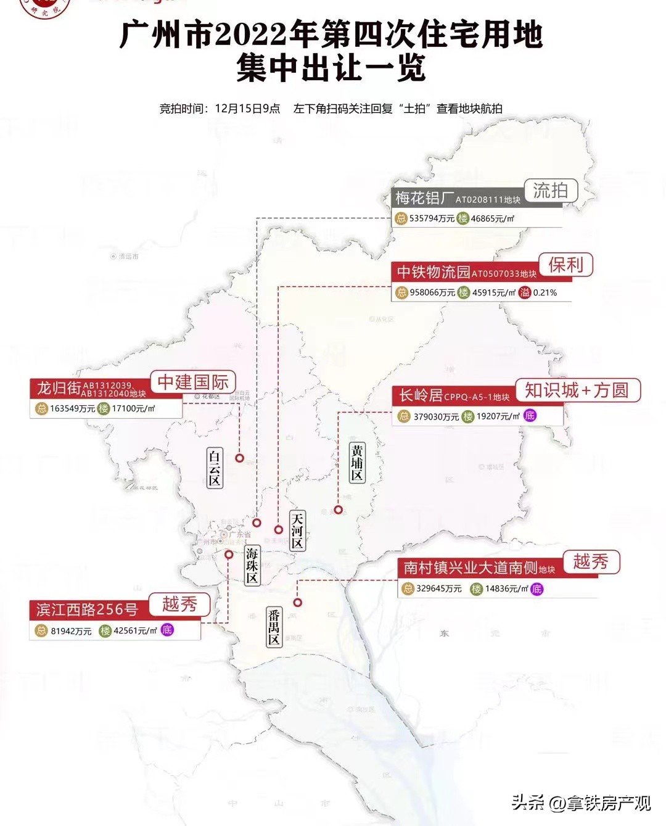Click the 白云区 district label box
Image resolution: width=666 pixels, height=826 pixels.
(x=214, y=468)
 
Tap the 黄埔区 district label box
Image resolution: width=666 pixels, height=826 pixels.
(x=357, y=463)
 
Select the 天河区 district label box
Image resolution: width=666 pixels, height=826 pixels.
(x=297, y=531)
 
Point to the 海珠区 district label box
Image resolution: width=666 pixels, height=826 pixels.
(x=252, y=565)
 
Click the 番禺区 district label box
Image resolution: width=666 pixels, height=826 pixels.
(x=274, y=627)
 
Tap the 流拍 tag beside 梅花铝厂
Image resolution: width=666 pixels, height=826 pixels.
(x=550, y=191)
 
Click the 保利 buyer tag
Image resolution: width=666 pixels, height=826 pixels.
(x=565, y=265)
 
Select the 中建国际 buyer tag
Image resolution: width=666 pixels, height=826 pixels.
(x=193, y=382)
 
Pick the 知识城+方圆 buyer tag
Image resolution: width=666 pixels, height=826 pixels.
(x=577, y=390)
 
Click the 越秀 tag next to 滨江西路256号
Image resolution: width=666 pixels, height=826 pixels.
(x=179, y=604)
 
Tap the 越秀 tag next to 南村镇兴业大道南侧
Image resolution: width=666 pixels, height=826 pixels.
(x=590, y=561)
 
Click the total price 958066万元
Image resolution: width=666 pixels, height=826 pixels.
(x=432, y=292)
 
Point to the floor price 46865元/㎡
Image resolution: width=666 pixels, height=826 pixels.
(x=492, y=218)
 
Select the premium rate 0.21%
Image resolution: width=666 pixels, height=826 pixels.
(x=545, y=292)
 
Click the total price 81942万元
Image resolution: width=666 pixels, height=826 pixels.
(x=71, y=631)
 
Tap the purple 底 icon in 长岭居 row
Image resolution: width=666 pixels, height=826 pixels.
(x=529, y=416)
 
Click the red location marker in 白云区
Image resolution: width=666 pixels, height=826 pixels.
(x=239, y=458)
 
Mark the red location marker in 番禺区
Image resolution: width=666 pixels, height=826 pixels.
(x=298, y=603)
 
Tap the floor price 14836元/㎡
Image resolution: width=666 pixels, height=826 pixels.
(x=506, y=589)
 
